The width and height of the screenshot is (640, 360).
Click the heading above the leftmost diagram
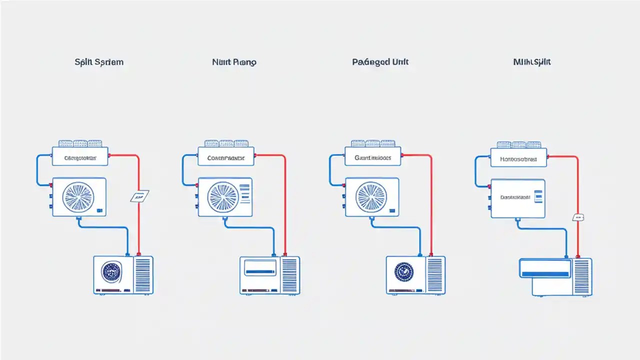pyautogui.click(x=99, y=62)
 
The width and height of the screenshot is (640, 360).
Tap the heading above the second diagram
pyautogui.click(x=234, y=62)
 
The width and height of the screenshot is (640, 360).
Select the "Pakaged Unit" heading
pyautogui.click(x=380, y=62)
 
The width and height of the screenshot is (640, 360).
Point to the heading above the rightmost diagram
pyautogui.click(x=532, y=62)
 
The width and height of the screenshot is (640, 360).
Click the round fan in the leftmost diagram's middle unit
pyautogui.click(x=78, y=196)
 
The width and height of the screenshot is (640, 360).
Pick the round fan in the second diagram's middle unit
pyautogui.click(x=223, y=196)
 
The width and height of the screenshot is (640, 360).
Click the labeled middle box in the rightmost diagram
pyautogui.click(x=517, y=198)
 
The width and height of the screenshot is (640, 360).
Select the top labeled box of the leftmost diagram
pyautogui.click(x=80, y=157)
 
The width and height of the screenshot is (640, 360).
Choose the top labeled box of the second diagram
pyautogui.click(x=226, y=157)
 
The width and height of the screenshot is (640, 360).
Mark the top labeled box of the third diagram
pyautogui.click(x=373, y=157)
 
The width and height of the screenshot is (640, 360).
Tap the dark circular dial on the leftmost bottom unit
pyautogui.click(x=112, y=272)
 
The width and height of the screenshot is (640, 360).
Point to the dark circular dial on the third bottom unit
pyautogui.click(x=404, y=272)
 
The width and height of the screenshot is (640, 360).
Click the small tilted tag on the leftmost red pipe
pyautogui.click(x=139, y=196)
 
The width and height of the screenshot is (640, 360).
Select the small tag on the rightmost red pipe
pyautogui.click(x=578, y=217)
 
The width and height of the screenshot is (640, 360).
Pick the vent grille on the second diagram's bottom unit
pyautogui.click(x=290, y=274)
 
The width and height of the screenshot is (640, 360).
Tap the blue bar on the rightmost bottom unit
pyautogui.click(x=545, y=274)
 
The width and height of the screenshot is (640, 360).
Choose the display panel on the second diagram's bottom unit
pyautogui.click(x=260, y=268)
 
